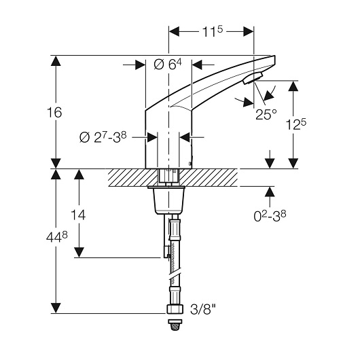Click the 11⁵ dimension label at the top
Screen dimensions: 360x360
pos(213,32)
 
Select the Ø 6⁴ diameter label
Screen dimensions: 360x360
pos(168,65)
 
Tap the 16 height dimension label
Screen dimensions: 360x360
pos(54,113)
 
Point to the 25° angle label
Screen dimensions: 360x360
pos(266,114)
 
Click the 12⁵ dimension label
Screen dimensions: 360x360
pos(296,125)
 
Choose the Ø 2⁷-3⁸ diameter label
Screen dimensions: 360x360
pos(103,137)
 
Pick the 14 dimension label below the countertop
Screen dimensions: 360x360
pos(78,215)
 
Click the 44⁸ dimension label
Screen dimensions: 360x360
pos(57,237)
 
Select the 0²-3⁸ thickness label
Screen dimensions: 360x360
pos(270,216)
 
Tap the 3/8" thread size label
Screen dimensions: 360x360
pos(203,309)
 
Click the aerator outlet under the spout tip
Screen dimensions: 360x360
pos(253,78)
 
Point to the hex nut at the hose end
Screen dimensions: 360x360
pos(175,309)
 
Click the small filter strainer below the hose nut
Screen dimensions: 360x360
pos(175,325)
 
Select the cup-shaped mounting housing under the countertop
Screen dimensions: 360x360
pos(169,200)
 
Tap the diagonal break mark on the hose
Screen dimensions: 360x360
pos(175,274)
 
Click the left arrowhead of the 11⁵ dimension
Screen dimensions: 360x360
pos(174,31)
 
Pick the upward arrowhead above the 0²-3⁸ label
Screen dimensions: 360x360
pos(270,192)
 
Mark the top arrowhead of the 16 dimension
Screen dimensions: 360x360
pos(56,60)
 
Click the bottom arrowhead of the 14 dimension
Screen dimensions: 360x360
pos(79,252)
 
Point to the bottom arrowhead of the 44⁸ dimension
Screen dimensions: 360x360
pos(56,308)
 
